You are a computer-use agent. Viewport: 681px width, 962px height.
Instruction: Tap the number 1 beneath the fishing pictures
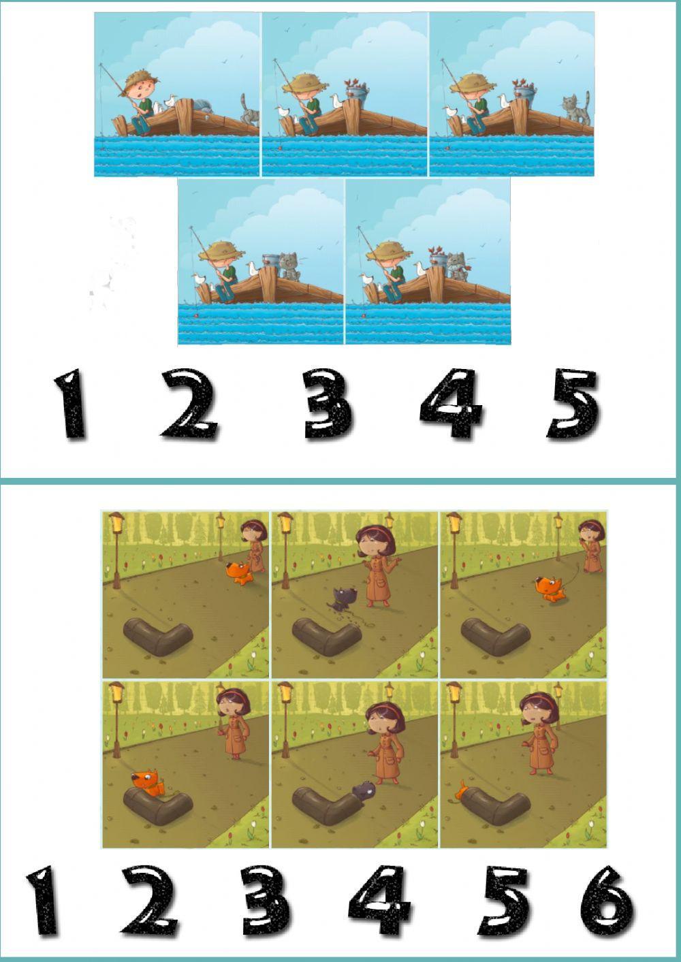click(x=70, y=404)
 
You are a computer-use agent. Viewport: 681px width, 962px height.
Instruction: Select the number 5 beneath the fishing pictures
click(x=573, y=404)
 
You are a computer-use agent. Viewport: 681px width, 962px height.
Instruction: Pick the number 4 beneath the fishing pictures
click(x=451, y=404)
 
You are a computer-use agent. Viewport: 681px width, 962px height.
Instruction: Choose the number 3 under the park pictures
click(x=267, y=903)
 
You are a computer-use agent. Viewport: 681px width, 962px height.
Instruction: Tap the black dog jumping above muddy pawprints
click(x=338, y=598)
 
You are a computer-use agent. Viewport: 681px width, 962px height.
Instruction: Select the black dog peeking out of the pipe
click(x=362, y=790)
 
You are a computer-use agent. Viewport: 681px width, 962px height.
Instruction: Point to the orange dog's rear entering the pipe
click(x=464, y=790)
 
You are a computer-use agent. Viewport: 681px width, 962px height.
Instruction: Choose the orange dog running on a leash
click(x=549, y=588)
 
